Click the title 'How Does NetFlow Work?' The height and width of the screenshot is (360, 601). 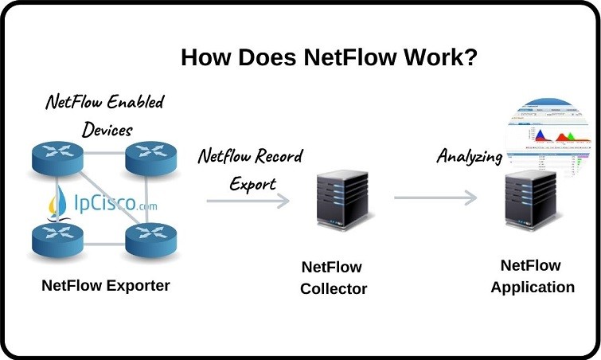click(x=329, y=57)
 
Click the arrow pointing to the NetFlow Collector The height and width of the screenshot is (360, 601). click(x=247, y=201)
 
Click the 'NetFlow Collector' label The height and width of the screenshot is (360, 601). click(x=334, y=278)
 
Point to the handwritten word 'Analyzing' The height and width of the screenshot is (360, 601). click(x=469, y=156)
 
